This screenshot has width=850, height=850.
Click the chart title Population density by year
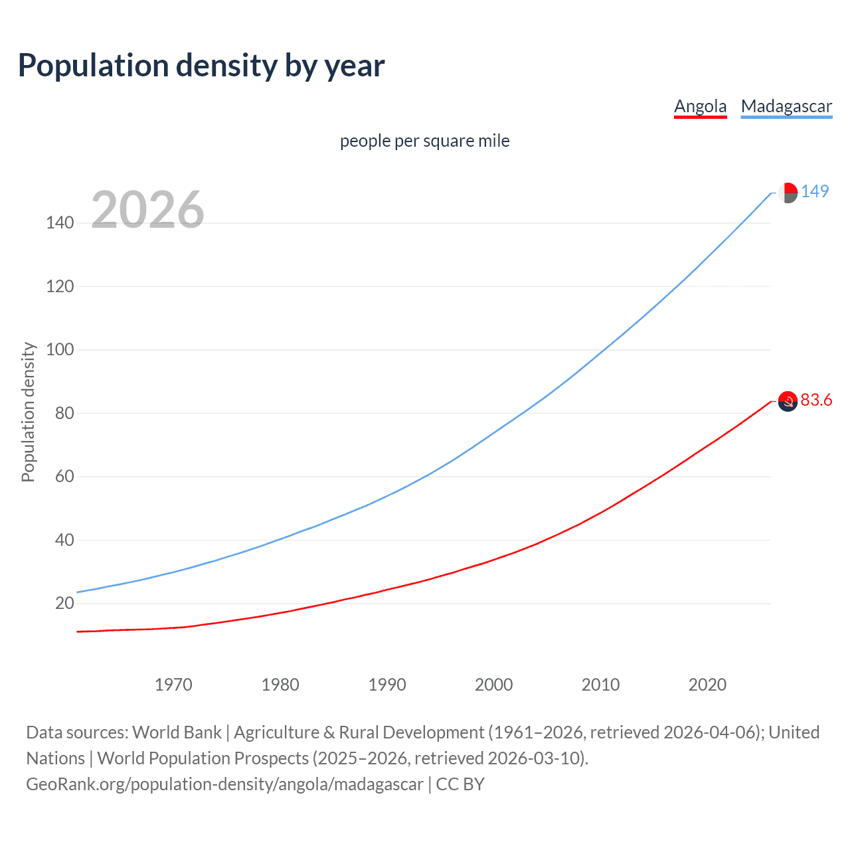pyautogui.click(x=201, y=66)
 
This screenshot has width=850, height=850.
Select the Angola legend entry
pyautogui.click(x=700, y=106)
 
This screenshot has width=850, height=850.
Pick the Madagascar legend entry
pyautogui.click(x=786, y=106)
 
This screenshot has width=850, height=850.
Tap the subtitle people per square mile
pyautogui.click(x=424, y=141)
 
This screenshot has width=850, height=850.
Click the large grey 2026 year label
pyautogui.click(x=147, y=210)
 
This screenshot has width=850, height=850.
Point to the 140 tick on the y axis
pyautogui.click(x=60, y=222)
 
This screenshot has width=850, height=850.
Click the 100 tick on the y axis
pyautogui.click(x=60, y=349)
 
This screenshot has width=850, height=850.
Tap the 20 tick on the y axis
pyautogui.click(x=64, y=603)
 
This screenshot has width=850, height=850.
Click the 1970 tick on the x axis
pyautogui.click(x=173, y=685)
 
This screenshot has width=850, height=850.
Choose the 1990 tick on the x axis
pyautogui.click(x=387, y=685)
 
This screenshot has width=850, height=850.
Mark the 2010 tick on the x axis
pyautogui.click(x=600, y=685)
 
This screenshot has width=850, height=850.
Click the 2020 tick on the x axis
pyautogui.click(x=707, y=685)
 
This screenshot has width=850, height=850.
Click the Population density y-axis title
pyautogui.click(x=28, y=412)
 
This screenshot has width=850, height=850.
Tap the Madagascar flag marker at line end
pyautogui.click(x=788, y=193)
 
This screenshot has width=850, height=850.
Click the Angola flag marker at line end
pyautogui.click(x=788, y=401)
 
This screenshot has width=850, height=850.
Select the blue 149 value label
pyautogui.click(x=815, y=191)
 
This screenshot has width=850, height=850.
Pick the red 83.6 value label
pyautogui.click(x=816, y=400)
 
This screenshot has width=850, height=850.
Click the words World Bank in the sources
pyautogui.click(x=177, y=732)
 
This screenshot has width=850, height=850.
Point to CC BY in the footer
pyautogui.click(x=460, y=784)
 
